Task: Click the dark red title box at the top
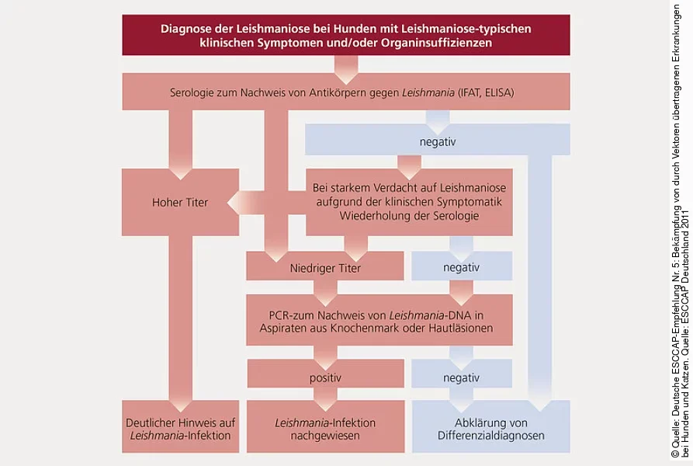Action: pyautogui.click(x=345, y=36)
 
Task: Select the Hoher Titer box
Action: pyautogui.click(x=180, y=203)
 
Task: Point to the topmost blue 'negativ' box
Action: pyautogui.click(x=437, y=142)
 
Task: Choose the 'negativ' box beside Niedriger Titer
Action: pyautogui.click(x=461, y=267)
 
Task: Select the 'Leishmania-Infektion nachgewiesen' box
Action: pyautogui.click(x=325, y=429)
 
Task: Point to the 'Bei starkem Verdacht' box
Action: pyautogui.click(x=408, y=202)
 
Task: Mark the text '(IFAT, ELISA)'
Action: pyautogui.click(x=490, y=92)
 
